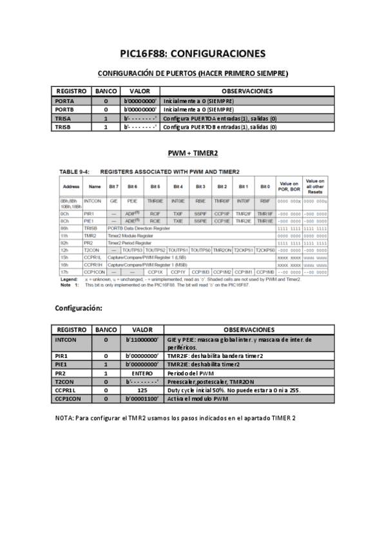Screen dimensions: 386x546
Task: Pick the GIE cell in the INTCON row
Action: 113,202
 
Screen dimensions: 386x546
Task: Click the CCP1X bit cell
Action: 155,272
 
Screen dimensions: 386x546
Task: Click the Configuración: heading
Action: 79,308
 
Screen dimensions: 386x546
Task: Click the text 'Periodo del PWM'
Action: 190,373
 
